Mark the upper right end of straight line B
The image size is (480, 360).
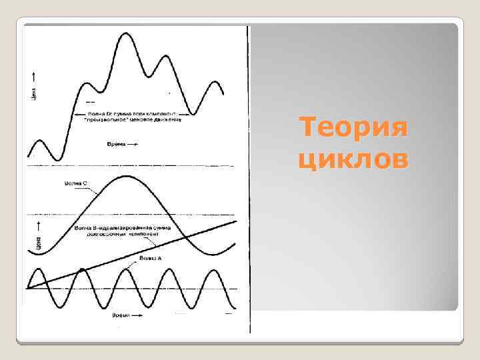point(235,221)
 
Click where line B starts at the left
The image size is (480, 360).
point(28,288)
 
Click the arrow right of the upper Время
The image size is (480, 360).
point(133,143)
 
